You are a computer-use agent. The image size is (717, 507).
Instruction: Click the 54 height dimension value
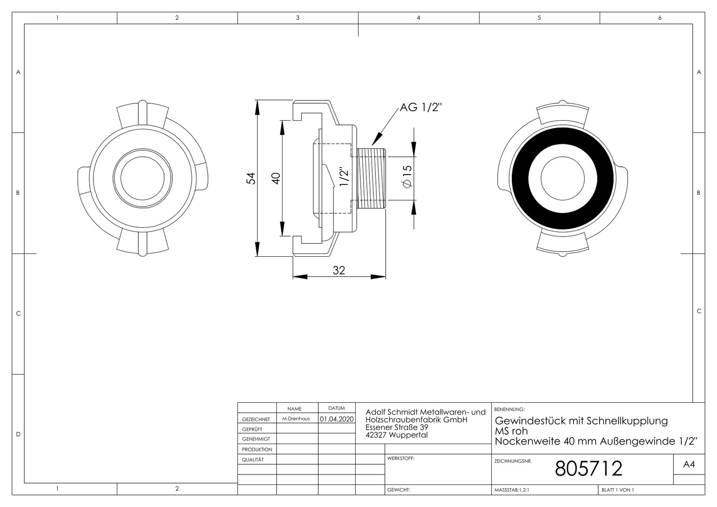click(252, 178)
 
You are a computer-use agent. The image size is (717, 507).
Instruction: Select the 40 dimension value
click(276, 178)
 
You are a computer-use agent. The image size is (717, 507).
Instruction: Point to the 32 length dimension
click(339, 271)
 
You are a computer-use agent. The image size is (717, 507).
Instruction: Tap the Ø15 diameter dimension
click(407, 177)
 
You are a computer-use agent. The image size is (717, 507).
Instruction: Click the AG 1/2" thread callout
click(420, 108)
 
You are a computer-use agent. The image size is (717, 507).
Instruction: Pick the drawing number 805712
click(588, 469)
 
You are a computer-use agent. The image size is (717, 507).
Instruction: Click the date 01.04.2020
click(337, 419)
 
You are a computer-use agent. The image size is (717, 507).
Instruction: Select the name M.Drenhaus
click(296, 419)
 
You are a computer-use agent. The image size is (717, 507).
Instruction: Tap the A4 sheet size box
click(689, 464)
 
